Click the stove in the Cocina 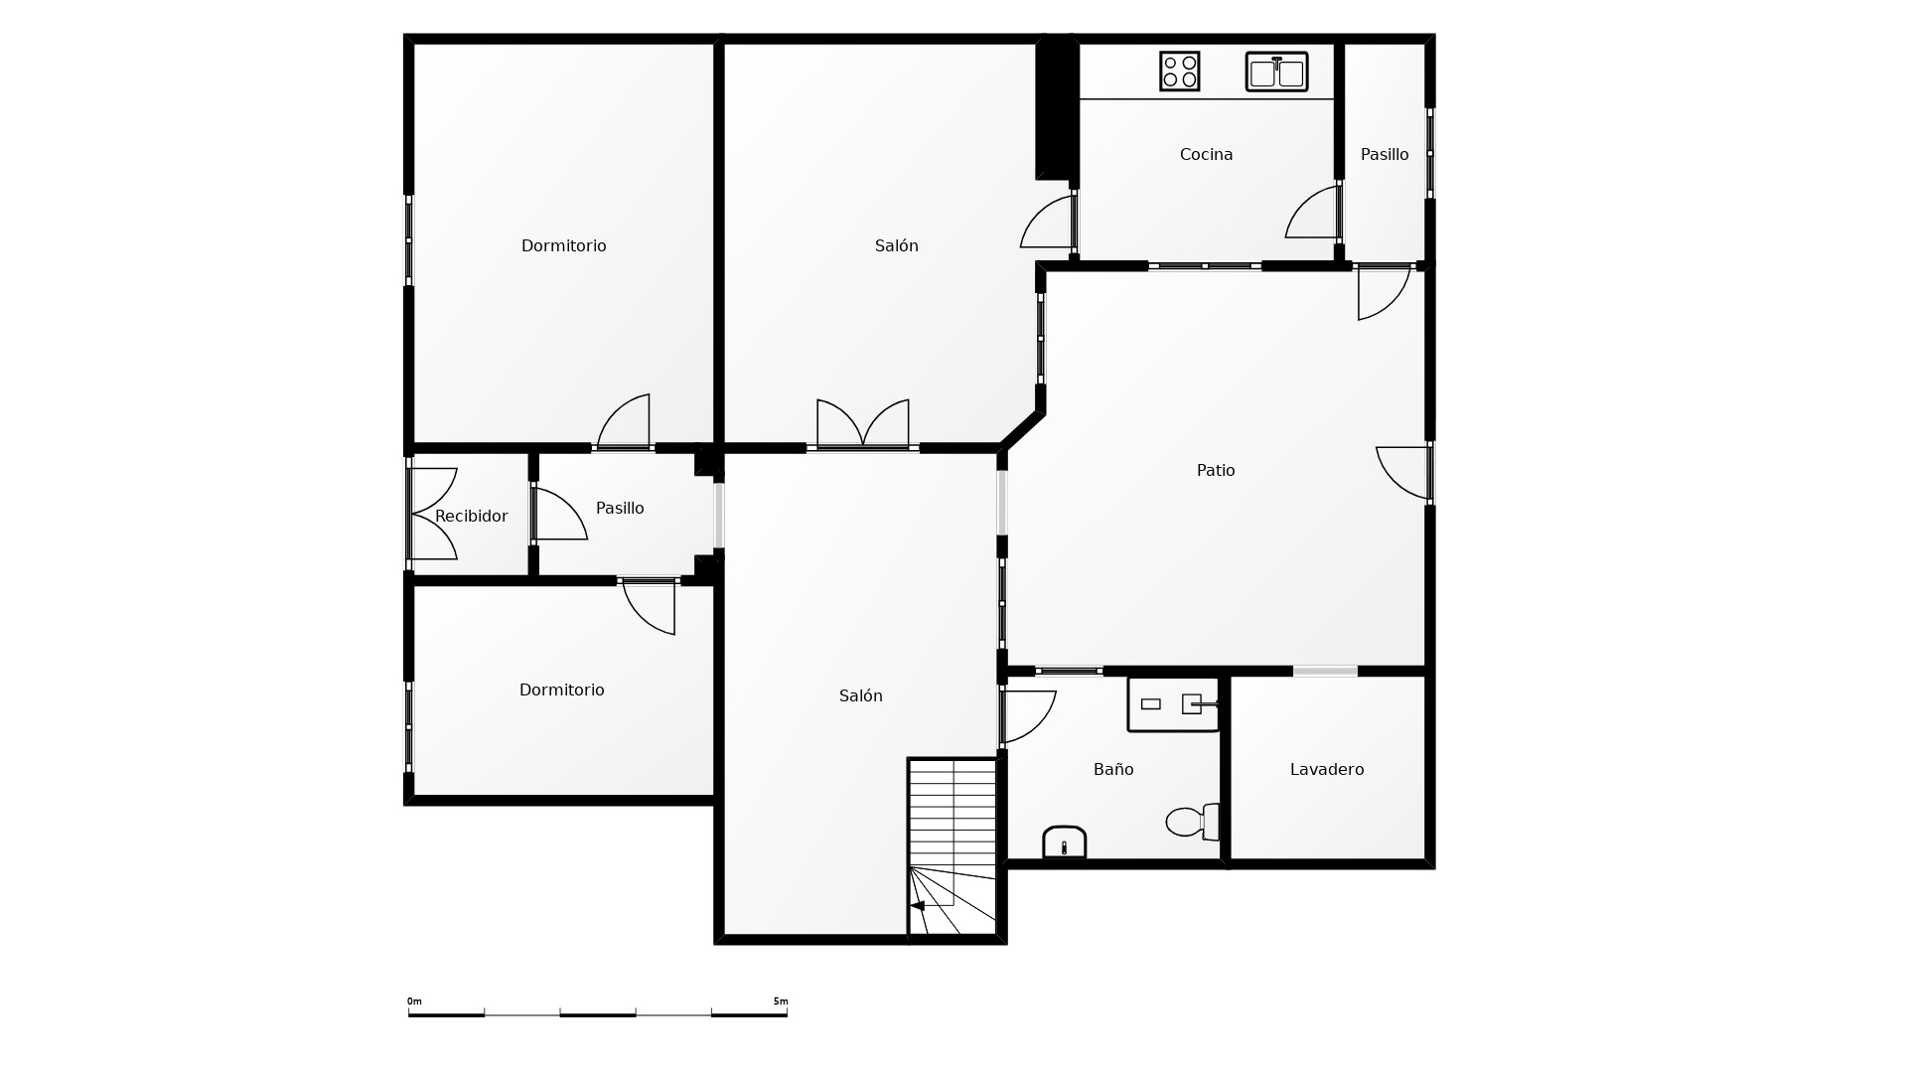[x=1179, y=72]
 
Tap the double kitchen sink [x=1276, y=72]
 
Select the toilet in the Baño [x=1193, y=822]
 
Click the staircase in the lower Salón [x=953, y=846]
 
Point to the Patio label [x=1216, y=470]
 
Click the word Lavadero [x=1327, y=769]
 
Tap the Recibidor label [x=471, y=516]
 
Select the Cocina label [x=1206, y=154]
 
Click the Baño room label [x=1113, y=769]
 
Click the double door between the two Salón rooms [x=863, y=424]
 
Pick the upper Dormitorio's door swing [x=624, y=421]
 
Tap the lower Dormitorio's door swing [x=650, y=607]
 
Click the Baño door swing [x=1029, y=717]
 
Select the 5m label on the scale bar [x=781, y=1001]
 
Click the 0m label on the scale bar [x=414, y=1001]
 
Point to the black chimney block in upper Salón [x=1056, y=107]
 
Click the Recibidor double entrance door [x=434, y=514]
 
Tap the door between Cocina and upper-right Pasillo [x=1311, y=213]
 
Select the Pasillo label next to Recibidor [x=620, y=508]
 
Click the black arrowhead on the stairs [x=917, y=906]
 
